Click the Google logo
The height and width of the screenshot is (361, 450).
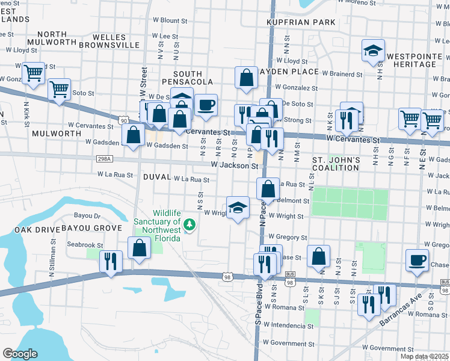click(x=20, y=354)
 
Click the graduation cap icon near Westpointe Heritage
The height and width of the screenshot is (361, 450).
click(x=373, y=51)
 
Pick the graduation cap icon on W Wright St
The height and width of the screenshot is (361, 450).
click(x=238, y=208)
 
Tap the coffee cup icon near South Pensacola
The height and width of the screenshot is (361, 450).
click(x=206, y=105)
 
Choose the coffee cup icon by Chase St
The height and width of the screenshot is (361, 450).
click(x=417, y=260)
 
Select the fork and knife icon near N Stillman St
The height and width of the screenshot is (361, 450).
click(x=111, y=261)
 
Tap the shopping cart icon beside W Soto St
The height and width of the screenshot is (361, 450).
click(x=59, y=90)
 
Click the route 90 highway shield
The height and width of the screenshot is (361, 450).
click(x=123, y=121)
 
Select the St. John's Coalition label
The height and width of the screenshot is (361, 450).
click(x=336, y=164)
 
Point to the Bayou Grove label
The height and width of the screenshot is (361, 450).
click(x=88, y=229)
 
